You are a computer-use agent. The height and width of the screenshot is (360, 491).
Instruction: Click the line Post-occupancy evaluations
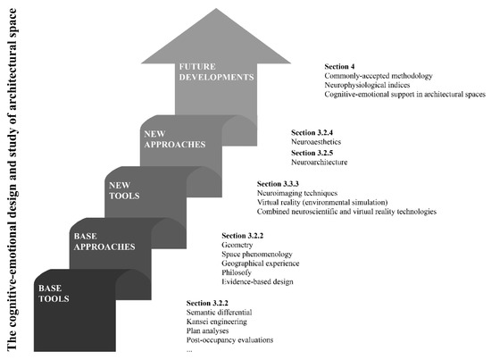point(231,340)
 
